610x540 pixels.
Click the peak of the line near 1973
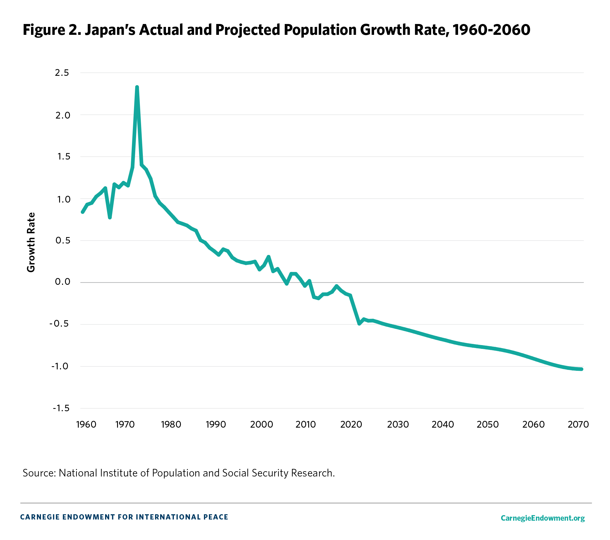pos(137,87)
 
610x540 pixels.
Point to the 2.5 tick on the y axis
pos(62,73)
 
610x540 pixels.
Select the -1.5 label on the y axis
pos(61,408)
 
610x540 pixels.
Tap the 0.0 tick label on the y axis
pos(62,282)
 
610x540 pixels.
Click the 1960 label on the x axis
pos(86,424)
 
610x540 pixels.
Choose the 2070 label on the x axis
pos(578,424)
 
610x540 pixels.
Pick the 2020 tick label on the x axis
pos(351,424)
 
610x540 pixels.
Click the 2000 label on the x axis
pos(261,424)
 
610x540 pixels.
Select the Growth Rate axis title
pos(31,242)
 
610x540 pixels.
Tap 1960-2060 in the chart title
pos(491,30)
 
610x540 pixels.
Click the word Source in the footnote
pos(37,473)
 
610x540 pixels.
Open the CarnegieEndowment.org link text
pos(543,518)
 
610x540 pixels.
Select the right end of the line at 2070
pos(582,369)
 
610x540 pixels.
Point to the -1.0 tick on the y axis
pos(61,366)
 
